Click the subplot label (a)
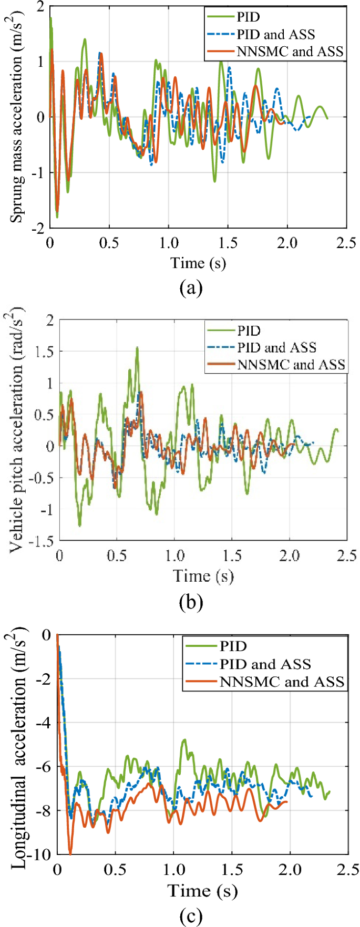(190, 287)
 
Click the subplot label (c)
(190, 917)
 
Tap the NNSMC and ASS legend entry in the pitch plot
(291, 364)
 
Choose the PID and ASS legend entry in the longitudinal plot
(265, 664)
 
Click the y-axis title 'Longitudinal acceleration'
(18, 746)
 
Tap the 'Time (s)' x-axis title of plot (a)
(198, 262)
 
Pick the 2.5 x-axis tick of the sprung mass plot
(346, 243)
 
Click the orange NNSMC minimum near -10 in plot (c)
(70, 853)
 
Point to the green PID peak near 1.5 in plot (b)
(137, 347)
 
